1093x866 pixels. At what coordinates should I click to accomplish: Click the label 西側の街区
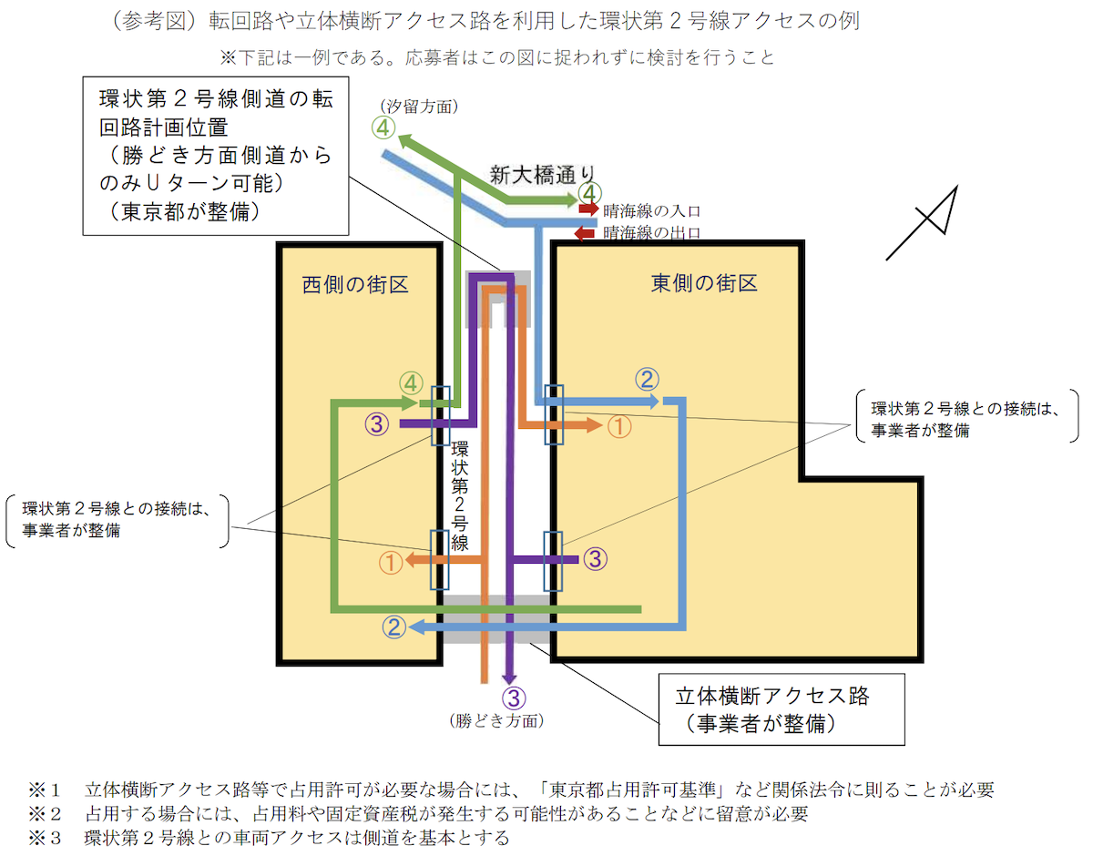(x=355, y=284)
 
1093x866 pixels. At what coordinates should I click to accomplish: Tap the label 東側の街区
(x=704, y=283)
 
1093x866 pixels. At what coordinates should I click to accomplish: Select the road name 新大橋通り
(x=542, y=175)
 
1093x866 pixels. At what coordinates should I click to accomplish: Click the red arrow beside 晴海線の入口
(x=588, y=209)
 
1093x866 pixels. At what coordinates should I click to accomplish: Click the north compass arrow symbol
(x=923, y=222)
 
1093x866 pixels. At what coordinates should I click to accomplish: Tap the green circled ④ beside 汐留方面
(x=383, y=128)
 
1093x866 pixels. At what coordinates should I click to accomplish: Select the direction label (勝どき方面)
(x=496, y=720)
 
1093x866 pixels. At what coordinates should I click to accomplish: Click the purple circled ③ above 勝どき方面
(x=514, y=698)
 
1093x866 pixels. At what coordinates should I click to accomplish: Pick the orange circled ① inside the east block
(x=619, y=427)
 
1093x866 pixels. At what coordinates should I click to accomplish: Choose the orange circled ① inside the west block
(x=391, y=563)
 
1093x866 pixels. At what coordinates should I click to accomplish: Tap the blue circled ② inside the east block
(x=647, y=380)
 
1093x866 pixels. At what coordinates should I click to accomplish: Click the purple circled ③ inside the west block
(x=377, y=424)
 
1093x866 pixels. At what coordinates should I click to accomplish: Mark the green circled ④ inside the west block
(x=411, y=383)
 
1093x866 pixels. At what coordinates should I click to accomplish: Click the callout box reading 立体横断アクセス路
(x=781, y=709)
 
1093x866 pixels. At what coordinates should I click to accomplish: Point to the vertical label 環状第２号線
(x=460, y=496)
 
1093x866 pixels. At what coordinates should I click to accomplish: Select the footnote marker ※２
(x=45, y=814)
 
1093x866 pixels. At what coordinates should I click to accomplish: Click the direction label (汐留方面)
(x=419, y=107)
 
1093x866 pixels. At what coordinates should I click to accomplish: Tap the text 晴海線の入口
(x=651, y=210)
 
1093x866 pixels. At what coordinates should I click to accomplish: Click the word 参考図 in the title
(x=155, y=21)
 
